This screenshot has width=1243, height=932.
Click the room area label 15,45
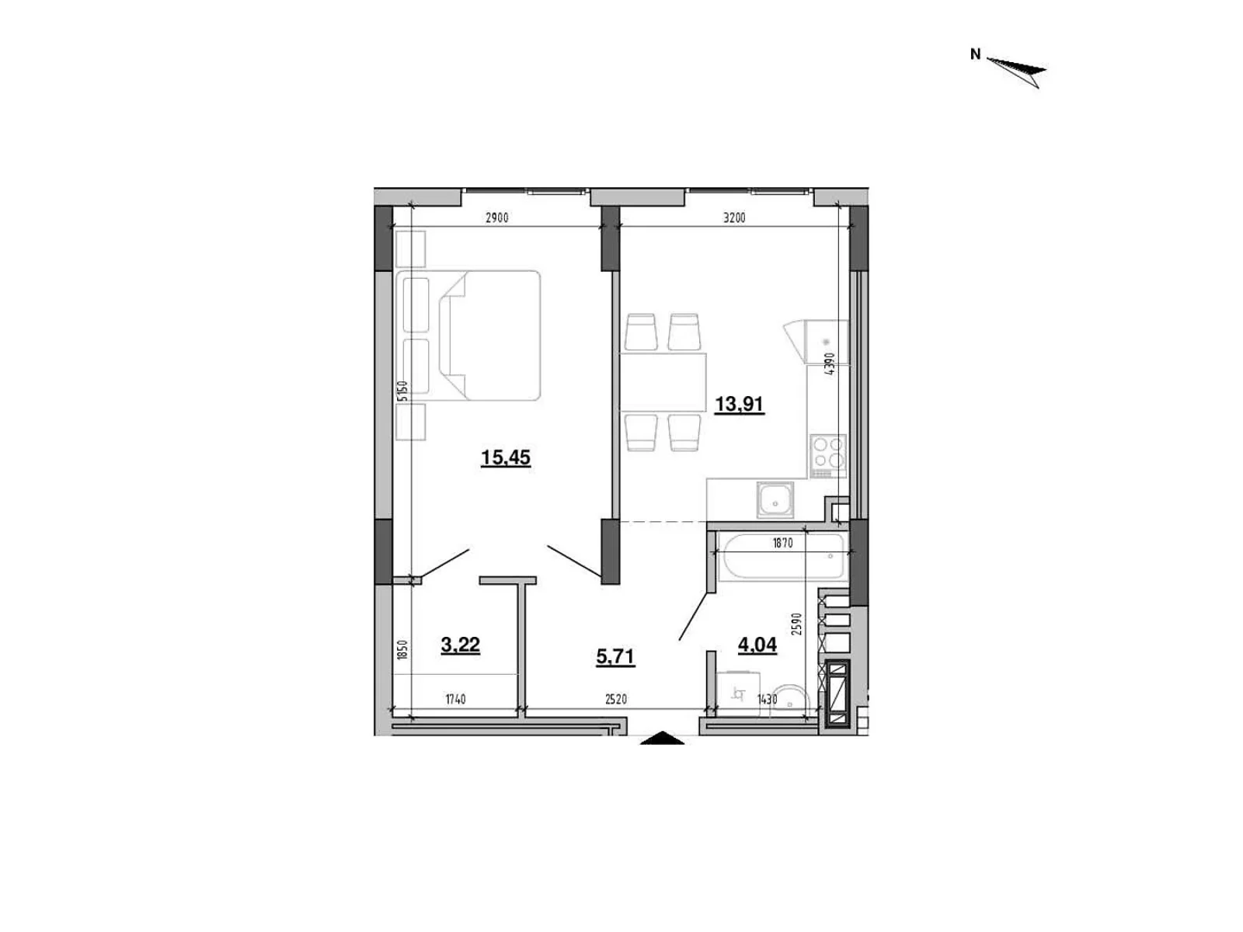click(x=506, y=457)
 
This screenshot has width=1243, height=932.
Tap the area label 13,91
click(x=740, y=404)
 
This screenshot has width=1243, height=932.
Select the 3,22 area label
click(x=460, y=645)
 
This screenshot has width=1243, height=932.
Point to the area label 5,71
click(x=615, y=657)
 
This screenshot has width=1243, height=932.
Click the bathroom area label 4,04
click(x=757, y=645)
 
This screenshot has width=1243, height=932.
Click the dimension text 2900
click(x=496, y=218)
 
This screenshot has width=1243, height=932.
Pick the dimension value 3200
click(x=734, y=218)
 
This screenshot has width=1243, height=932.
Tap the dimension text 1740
click(x=455, y=700)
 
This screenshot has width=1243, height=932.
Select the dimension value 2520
click(x=615, y=700)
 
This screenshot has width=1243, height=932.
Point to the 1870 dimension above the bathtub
click(x=782, y=544)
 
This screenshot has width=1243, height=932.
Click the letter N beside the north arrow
click(x=976, y=54)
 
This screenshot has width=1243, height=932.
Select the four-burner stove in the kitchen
click(x=827, y=453)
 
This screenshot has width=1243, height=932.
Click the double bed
click(x=489, y=336)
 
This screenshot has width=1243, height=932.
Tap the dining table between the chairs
click(x=663, y=381)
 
